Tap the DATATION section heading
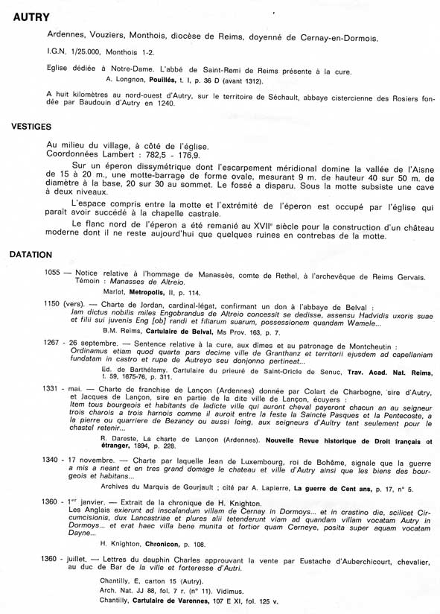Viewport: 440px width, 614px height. tap(31, 254)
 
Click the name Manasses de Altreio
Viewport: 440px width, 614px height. tap(132, 282)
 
